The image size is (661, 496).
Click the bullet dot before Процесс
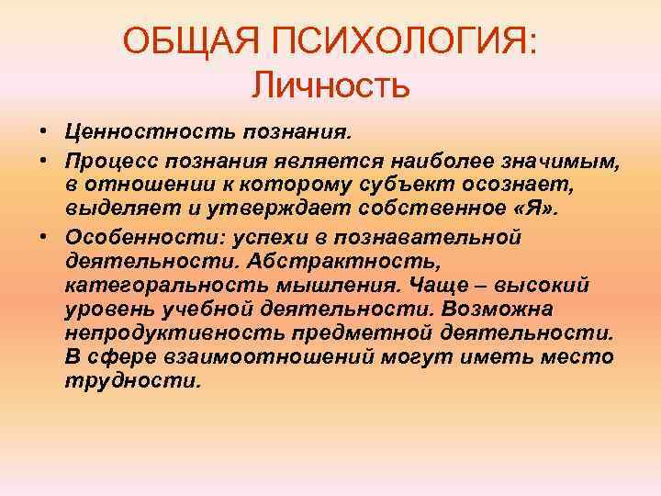click(x=43, y=161)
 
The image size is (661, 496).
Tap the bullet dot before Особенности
click(x=43, y=236)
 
